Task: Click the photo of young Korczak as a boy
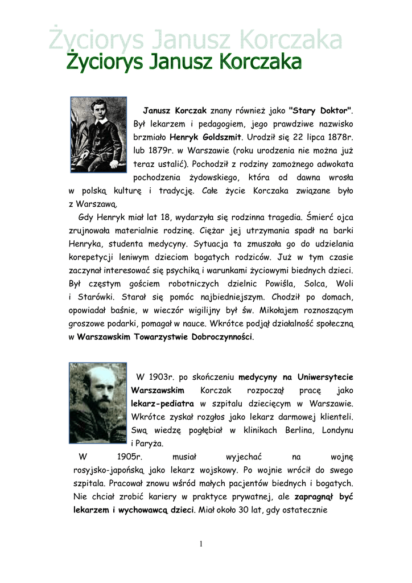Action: (98, 134)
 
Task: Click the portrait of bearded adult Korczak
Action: (98, 403)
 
